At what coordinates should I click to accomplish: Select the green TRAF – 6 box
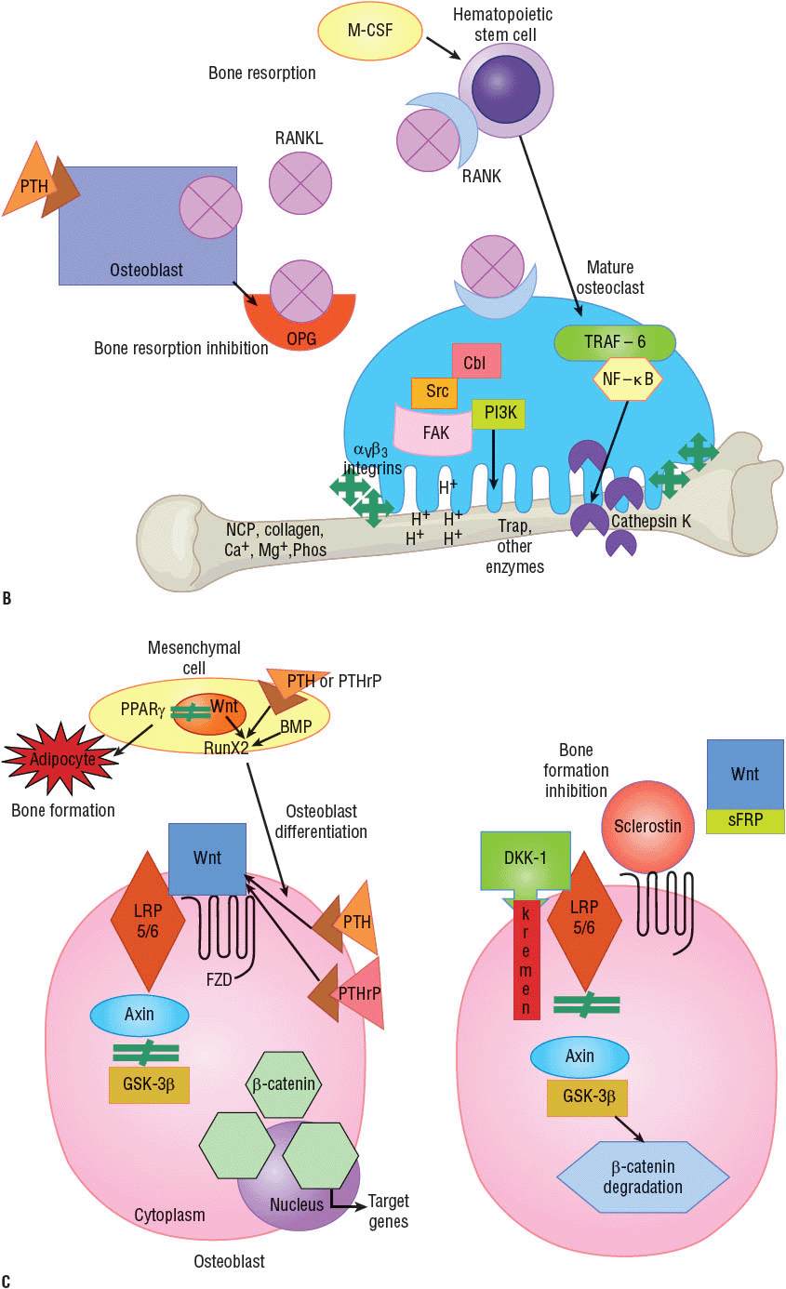click(x=614, y=343)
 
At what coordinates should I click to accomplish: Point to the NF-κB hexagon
click(x=629, y=379)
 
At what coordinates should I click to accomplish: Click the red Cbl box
click(x=476, y=361)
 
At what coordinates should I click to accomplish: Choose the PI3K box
click(x=498, y=414)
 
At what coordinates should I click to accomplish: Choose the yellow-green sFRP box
click(x=745, y=820)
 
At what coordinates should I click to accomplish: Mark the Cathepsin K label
click(x=650, y=523)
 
